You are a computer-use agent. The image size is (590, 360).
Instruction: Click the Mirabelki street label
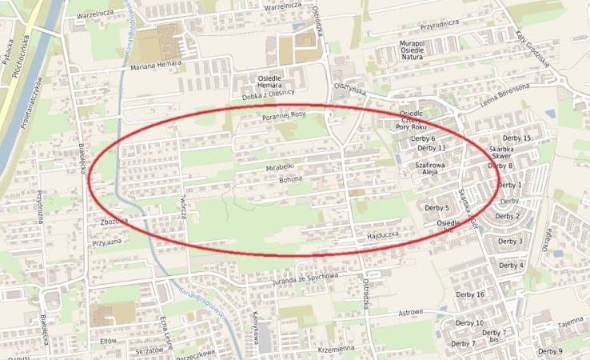point(281,168)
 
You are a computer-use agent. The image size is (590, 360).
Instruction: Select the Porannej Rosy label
point(284,115)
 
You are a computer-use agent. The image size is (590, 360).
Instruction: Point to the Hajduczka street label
point(383,237)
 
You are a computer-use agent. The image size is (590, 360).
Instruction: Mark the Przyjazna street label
point(107,242)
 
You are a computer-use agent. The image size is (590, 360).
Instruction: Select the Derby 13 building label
point(432,149)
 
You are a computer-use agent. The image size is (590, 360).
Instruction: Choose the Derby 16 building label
point(469,294)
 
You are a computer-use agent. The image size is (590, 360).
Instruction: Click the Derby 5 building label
point(436,208)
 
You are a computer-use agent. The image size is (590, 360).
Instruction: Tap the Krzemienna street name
point(335,350)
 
